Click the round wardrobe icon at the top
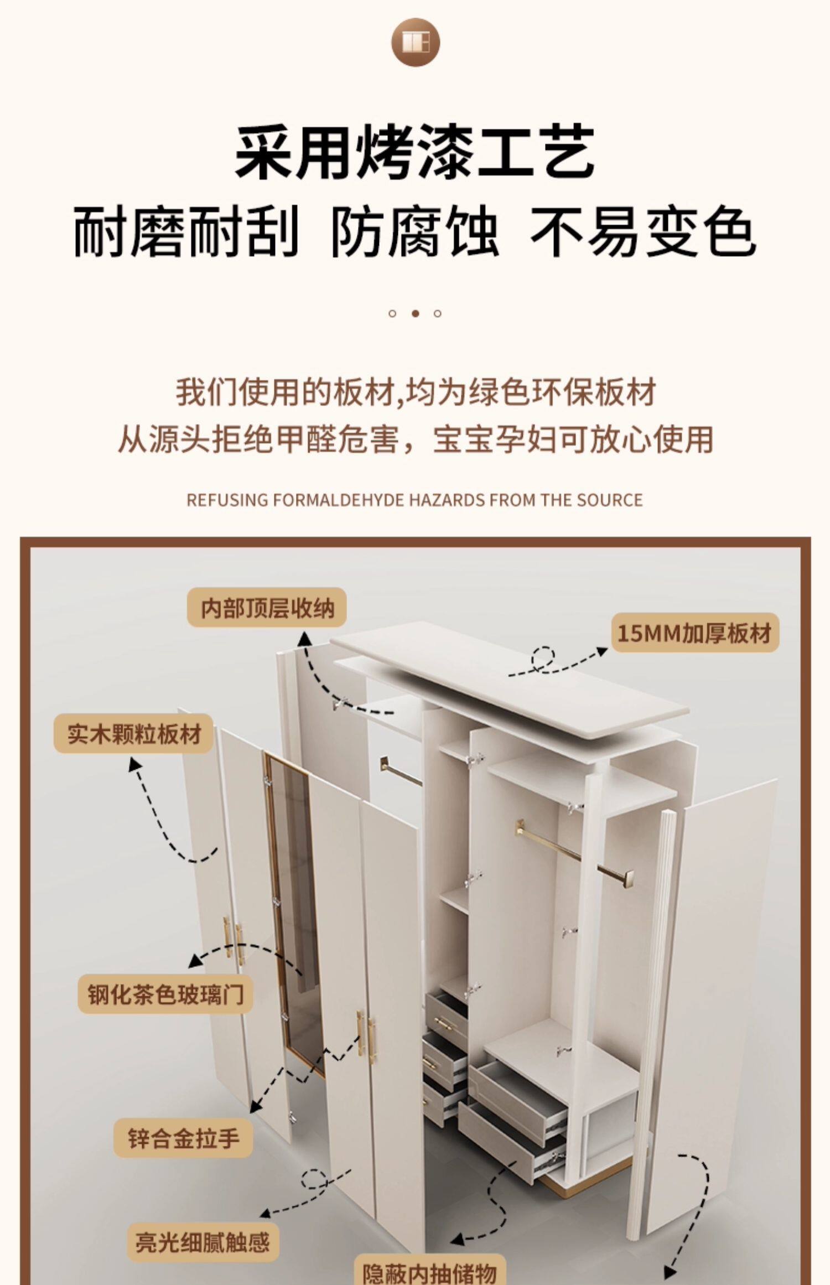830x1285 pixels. pyautogui.click(x=416, y=43)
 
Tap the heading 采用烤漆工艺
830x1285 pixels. pyautogui.click(x=415, y=151)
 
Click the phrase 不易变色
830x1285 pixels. pyautogui.click(x=643, y=232)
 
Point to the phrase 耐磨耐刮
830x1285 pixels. pyautogui.click(x=186, y=232)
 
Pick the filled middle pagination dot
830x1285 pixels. pyautogui.click(x=415, y=314)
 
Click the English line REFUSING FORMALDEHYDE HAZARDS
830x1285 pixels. pyautogui.click(x=414, y=500)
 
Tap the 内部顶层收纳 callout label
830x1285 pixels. pyautogui.click(x=267, y=608)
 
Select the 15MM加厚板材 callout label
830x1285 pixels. pyautogui.click(x=695, y=633)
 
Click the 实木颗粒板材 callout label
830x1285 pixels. pyautogui.click(x=133, y=734)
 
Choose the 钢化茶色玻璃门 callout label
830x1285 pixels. pyautogui.click(x=165, y=995)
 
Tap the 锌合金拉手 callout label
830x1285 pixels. pyautogui.click(x=183, y=1138)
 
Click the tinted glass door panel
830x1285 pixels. pyautogui.click(x=293, y=913)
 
